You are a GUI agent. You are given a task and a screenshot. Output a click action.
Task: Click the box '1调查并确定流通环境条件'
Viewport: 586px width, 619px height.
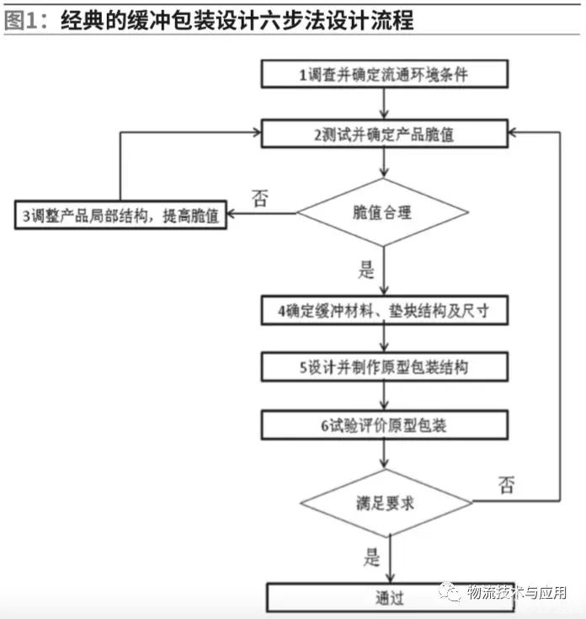(384, 74)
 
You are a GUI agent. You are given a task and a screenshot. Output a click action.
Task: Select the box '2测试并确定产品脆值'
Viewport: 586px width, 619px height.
(384, 133)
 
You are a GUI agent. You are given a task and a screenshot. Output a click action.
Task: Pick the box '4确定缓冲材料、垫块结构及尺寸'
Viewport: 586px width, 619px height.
(384, 311)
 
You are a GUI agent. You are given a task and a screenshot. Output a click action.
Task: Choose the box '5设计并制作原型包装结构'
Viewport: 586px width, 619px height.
(384, 367)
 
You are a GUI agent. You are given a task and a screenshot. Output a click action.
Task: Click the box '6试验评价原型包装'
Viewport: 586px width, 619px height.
(384, 424)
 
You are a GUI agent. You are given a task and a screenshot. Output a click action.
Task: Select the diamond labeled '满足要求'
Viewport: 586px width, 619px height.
(386, 504)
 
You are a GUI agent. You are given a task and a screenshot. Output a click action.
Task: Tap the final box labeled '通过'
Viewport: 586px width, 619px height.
(389, 598)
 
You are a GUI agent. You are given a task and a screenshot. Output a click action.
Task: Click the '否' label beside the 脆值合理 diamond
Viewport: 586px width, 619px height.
(260, 199)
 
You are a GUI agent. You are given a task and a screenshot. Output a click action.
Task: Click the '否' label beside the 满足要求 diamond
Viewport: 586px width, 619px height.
(506, 485)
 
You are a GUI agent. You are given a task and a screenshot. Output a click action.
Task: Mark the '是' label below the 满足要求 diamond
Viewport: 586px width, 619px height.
(371, 557)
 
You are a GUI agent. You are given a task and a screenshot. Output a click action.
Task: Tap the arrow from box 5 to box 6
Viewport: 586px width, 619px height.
(384, 396)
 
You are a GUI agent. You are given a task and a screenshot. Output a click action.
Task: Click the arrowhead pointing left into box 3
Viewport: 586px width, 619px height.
(236, 214)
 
